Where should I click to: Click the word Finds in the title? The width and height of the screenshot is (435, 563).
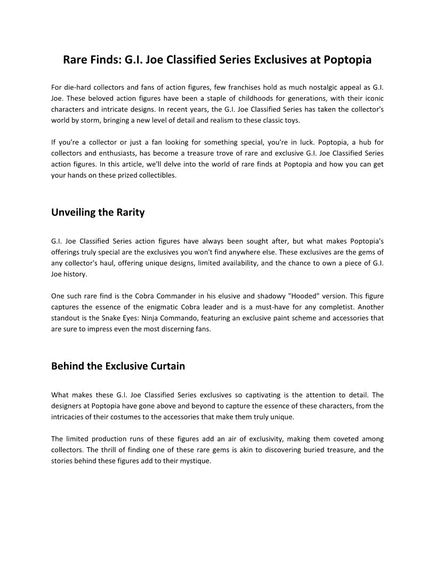pyautogui.click(x=104, y=60)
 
